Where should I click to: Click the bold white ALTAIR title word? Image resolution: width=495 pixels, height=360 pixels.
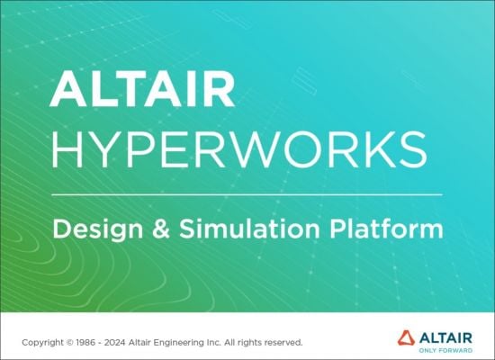click(142, 89)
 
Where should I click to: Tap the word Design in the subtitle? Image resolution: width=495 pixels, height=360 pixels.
click(93, 229)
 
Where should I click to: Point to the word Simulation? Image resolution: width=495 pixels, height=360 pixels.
click(246, 229)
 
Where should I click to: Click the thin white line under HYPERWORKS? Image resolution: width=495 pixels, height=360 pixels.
click(247, 194)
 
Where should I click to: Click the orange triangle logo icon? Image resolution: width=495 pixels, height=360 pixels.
click(407, 338)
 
